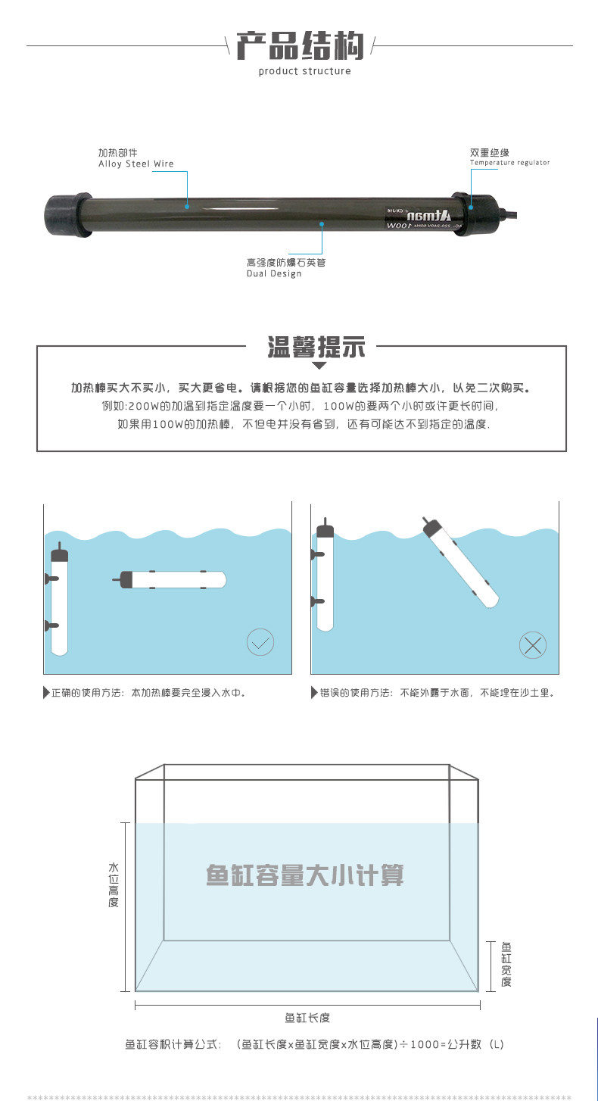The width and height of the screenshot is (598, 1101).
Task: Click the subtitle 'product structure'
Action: (x=304, y=71)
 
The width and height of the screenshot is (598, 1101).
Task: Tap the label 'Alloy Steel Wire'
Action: (x=135, y=164)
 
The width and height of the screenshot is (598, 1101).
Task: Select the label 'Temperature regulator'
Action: (x=509, y=163)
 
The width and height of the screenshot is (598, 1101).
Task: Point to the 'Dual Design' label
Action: (x=274, y=273)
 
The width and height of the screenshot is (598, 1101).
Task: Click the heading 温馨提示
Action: (x=316, y=349)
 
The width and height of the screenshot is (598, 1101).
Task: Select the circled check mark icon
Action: (x=260, y=644)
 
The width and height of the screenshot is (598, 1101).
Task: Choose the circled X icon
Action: (x=533, y=645)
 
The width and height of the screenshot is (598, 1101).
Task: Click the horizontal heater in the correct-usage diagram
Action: (x=174, y=579)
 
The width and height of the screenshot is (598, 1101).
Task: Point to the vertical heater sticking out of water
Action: (x=325, y=575)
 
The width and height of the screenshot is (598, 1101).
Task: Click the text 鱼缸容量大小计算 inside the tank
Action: (x=304, y=875)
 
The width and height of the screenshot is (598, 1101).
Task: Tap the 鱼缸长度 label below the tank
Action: (x=307, y=1018)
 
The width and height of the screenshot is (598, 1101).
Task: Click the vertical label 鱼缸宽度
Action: (x=506, y=964)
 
